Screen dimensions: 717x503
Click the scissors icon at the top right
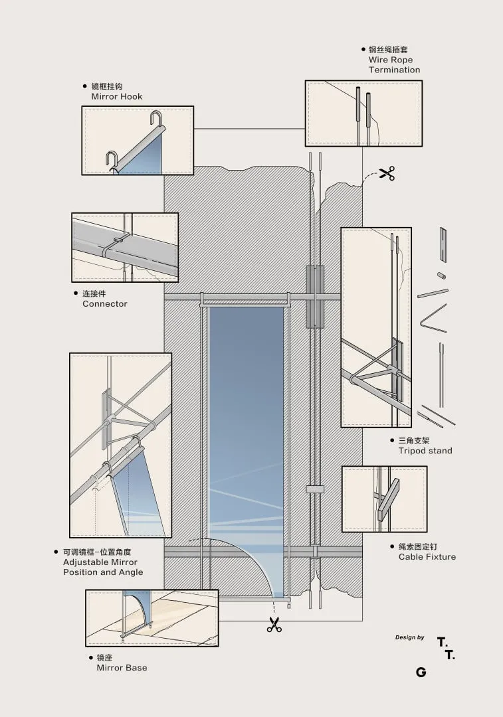[x=387, y=174]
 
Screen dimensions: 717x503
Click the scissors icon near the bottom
[x=274, y=624]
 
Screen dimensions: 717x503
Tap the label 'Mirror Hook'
[x=116, y=96]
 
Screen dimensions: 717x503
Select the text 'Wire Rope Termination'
[x=394, y=64]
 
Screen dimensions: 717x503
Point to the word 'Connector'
[x=104, y=303]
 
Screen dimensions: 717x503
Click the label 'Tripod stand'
[x=425, y=451]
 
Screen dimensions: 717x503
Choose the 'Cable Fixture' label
[x=427, y=556]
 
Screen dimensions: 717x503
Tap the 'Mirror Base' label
[x=122, y=667]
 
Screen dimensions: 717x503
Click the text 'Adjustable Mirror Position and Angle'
[x=103, y=567]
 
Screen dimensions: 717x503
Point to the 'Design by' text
[x=409, y=637]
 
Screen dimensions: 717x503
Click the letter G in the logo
[x=421, y=673]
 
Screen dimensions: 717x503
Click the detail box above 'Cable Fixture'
[x=384, y=499]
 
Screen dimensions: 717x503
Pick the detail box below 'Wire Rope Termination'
[x=363, y=113]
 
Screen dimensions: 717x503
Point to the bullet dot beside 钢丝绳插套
[x=363, y=49]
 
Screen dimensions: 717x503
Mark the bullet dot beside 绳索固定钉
[x=392, y=546]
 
